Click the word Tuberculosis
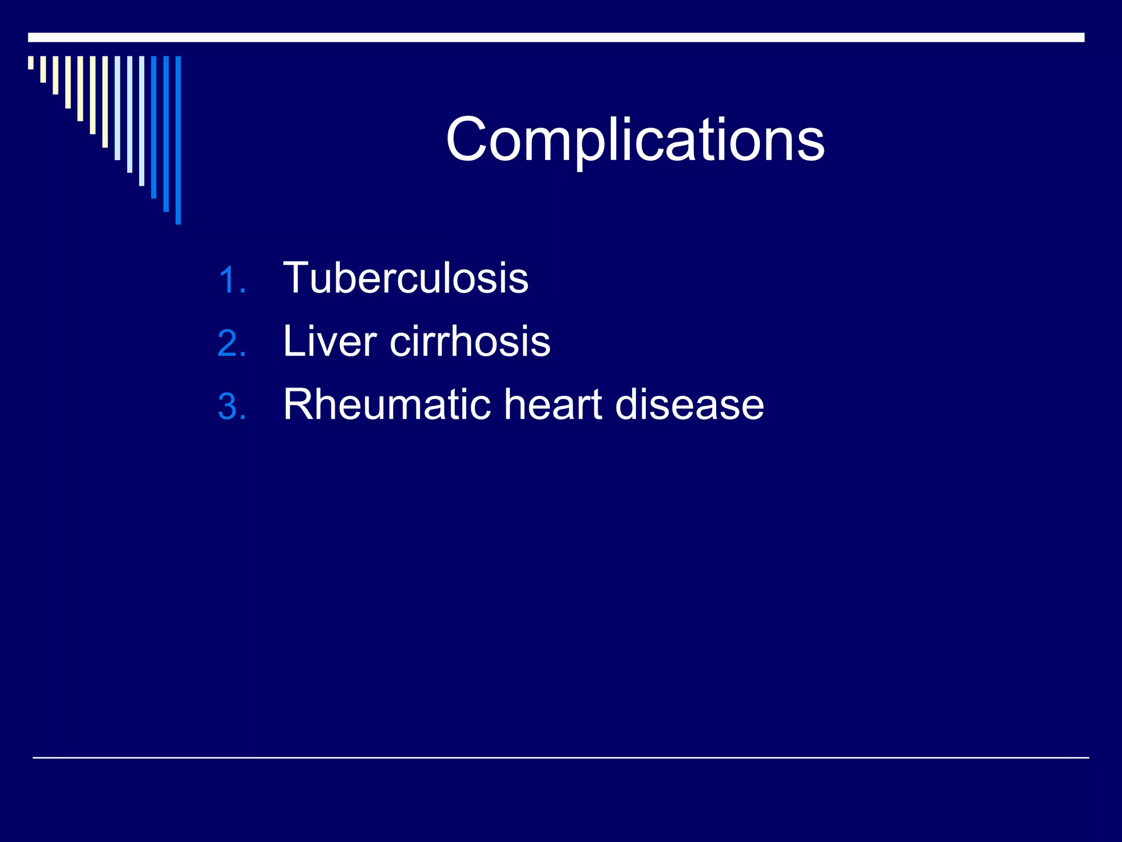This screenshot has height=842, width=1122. click(405, 278)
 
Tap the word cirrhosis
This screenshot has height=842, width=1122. click(470, 342)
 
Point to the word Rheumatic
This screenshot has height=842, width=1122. click(387, 405)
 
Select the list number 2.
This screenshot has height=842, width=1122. click(229, 344)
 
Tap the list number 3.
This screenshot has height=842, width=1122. click(229, 407)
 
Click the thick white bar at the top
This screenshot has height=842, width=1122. click(556, 37)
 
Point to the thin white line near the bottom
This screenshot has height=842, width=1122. click(560, 758)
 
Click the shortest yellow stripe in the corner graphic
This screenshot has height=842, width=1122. click(31, 62)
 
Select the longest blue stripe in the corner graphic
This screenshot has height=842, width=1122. click(178, 140)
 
